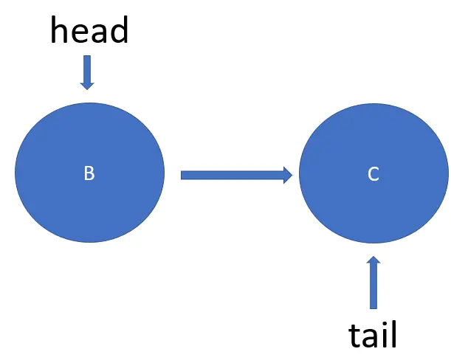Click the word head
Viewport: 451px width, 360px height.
coord(89,31)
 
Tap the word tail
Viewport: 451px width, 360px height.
coord(373,335)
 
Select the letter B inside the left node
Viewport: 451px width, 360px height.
coord(89,173)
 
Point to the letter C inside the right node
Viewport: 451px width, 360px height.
coord(373,174)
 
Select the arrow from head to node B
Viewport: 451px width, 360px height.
coord(87,72)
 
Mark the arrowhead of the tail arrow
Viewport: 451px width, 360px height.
coord(373,261)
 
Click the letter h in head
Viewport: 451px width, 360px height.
coord(60,31)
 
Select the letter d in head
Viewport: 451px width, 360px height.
coord(119,31)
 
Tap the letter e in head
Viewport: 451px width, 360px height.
coord(80,34)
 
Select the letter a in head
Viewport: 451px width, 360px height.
coord(99,34)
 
